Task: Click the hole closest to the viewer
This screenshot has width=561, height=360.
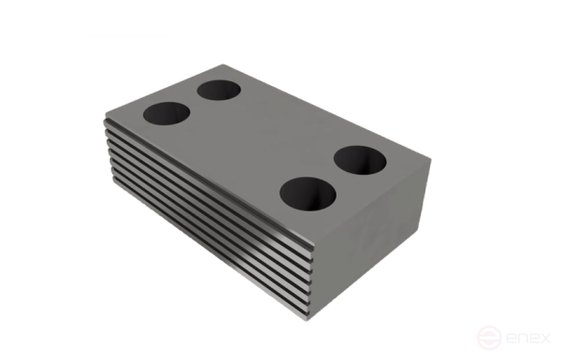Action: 309,194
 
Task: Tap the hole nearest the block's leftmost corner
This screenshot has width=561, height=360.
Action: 166,114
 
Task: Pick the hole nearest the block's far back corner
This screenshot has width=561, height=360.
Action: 218,91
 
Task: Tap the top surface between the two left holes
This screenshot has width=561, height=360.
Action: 193,103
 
